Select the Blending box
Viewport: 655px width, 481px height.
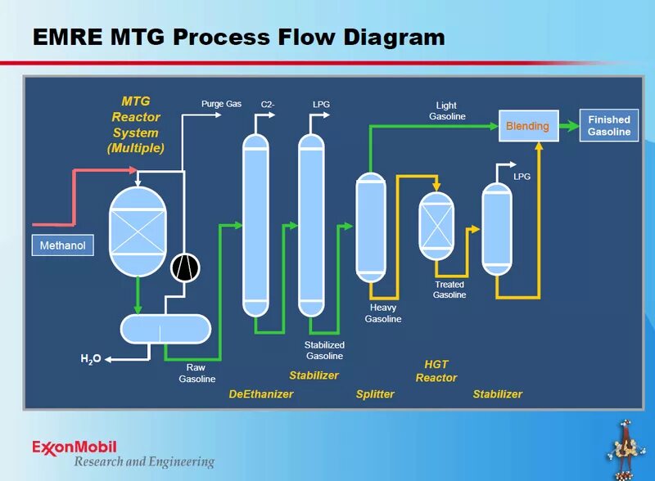(527, 126)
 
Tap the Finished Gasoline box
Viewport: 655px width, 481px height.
(609, 125)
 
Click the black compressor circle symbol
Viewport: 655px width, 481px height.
(185, 266)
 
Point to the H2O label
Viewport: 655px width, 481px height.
(90, 358)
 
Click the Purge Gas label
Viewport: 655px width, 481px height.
(221, 104)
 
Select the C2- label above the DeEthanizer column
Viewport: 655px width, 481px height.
(267, 105)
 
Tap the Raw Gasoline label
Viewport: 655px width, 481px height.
(196, 373)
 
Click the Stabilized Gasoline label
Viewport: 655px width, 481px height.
(324, 350)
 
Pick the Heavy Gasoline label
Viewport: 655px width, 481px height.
(383, 313)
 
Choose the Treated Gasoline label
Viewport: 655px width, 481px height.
(449, 290)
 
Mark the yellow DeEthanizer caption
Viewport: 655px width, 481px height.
(260, 394)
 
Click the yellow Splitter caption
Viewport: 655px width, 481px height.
(375, 394)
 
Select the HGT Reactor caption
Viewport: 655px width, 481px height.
(436, 371)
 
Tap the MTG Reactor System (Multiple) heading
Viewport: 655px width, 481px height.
(136, 124)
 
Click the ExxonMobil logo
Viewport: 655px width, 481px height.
(75, 447)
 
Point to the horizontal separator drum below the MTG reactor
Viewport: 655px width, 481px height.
(164, 328)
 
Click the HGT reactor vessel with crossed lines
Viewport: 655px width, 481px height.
(436, 225)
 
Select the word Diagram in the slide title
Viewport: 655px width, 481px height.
(394, 37)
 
